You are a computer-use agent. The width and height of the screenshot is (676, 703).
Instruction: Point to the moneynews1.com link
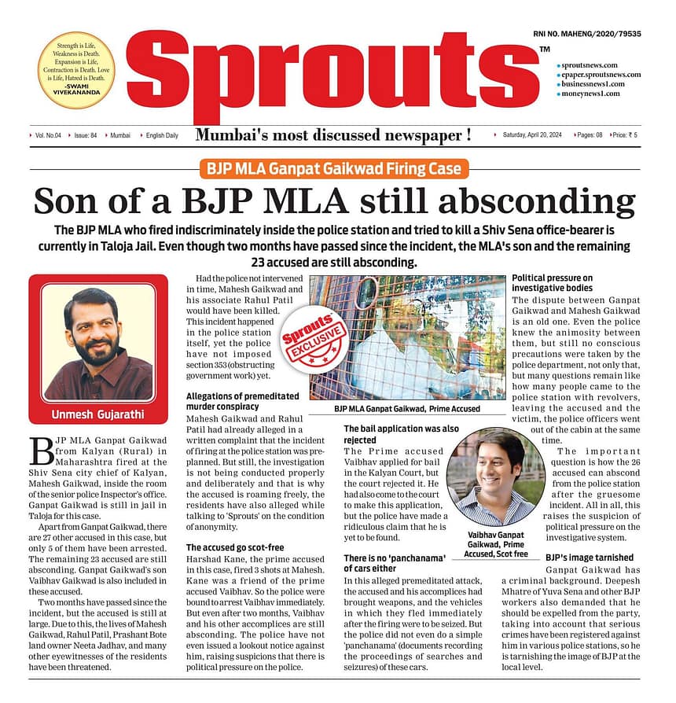(x=590, y=94)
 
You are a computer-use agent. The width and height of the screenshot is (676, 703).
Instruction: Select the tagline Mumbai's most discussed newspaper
(x=333, y=135)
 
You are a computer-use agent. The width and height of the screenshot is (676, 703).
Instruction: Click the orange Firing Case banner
(x=334, y=168)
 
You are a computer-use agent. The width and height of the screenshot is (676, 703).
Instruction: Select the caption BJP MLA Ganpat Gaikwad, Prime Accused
(x=407, y=410)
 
